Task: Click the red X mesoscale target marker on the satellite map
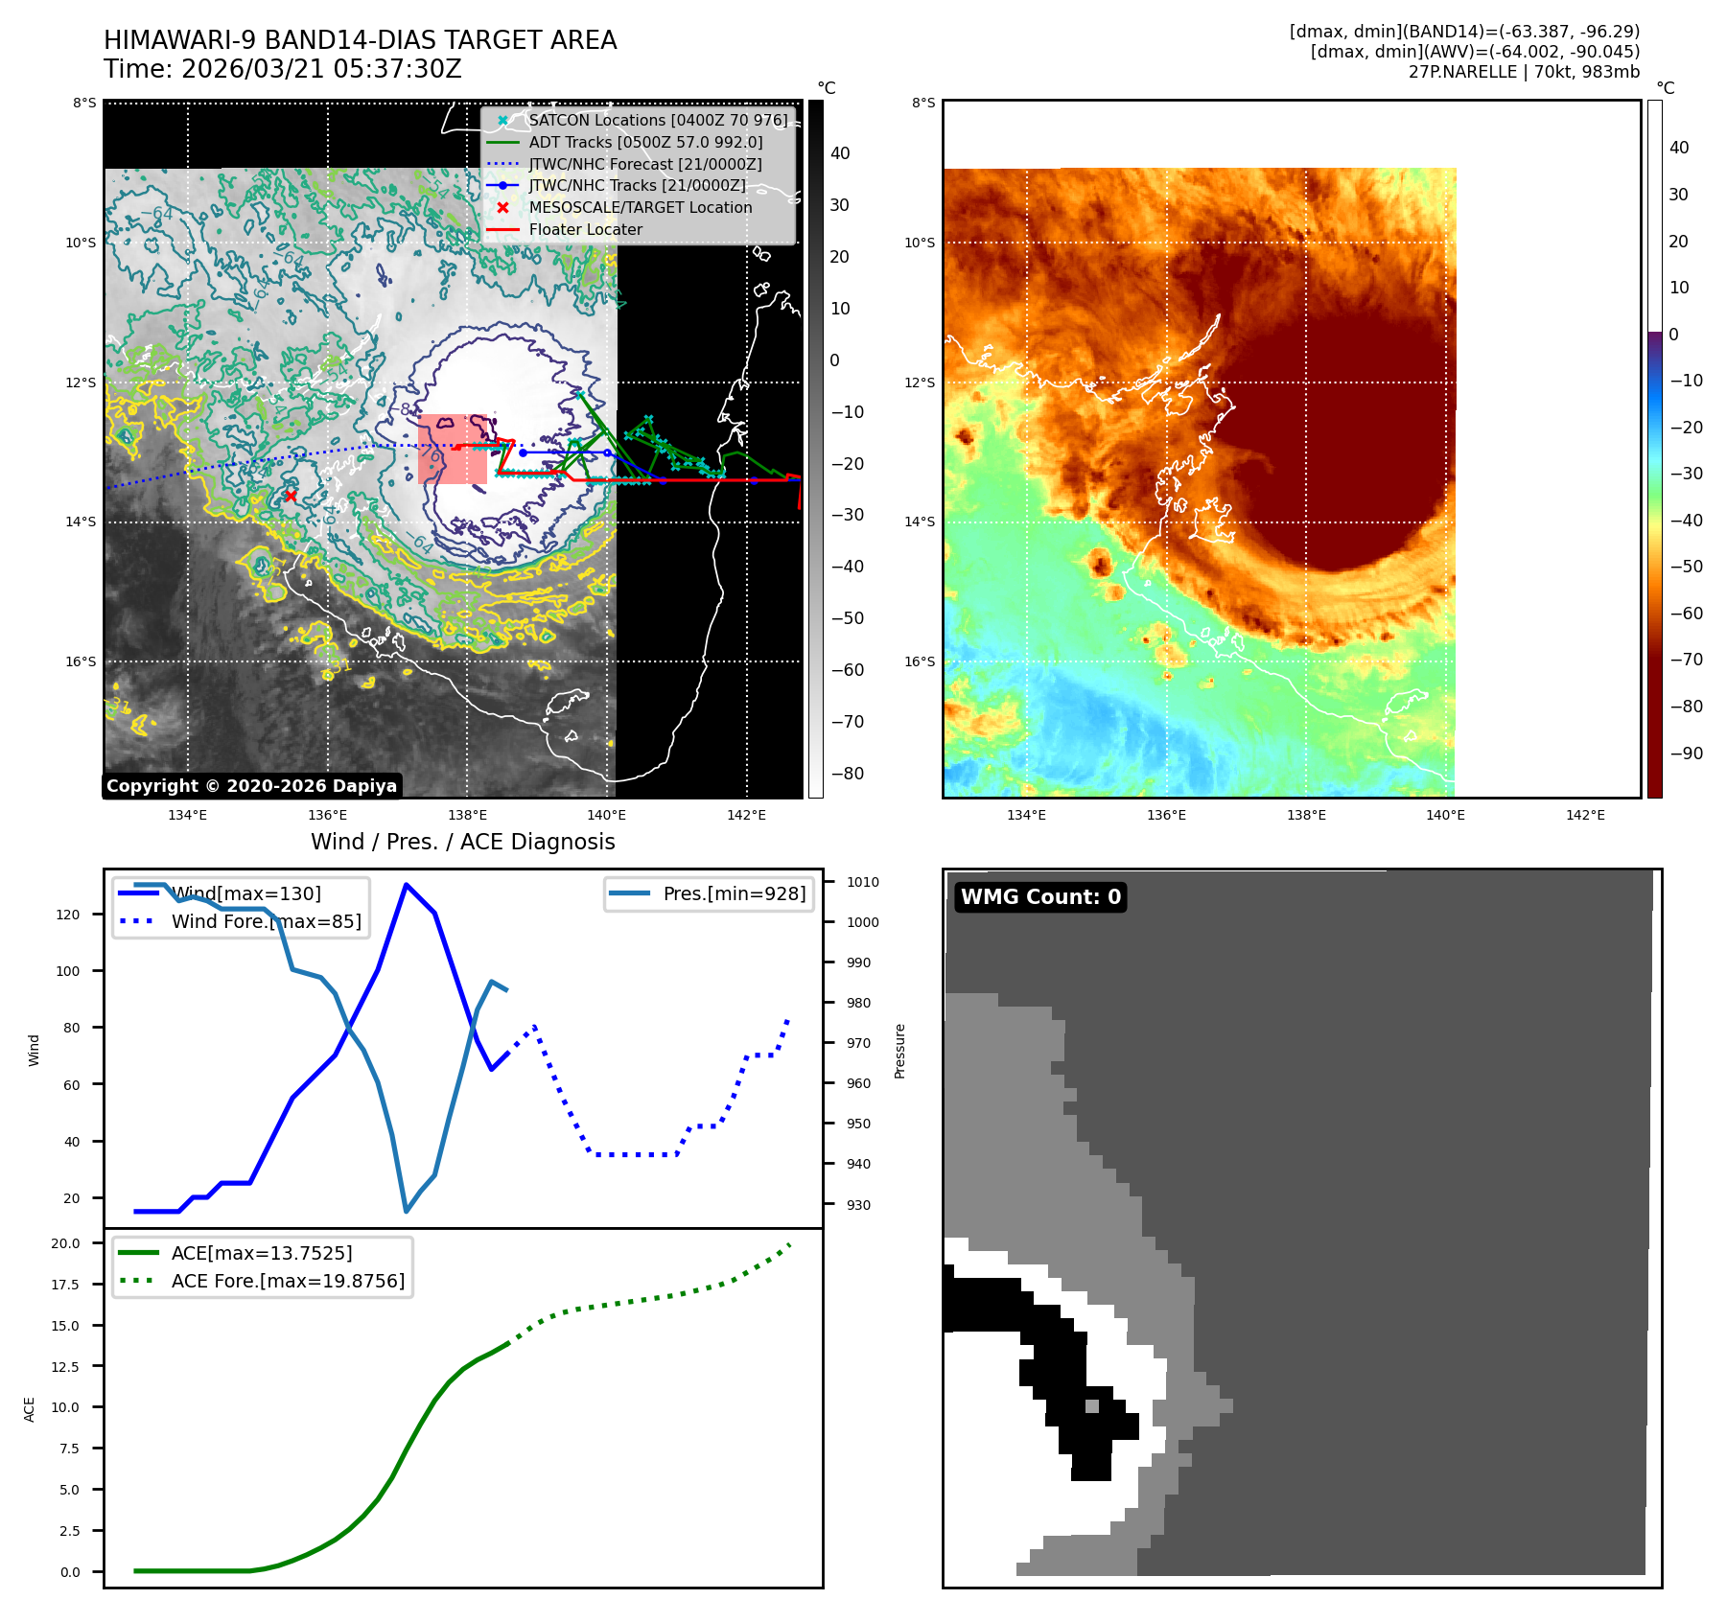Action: click(x=291, y=496)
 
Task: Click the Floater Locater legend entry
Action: click(x=585, y=230)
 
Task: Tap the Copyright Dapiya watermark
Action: click(x=251, y=786)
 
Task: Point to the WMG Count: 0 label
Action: click(x=1040, y=897)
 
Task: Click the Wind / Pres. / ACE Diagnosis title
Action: click(x=462, y=842)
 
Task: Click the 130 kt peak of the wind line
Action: click(x=407, y=885)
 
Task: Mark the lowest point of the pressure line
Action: click(x=407, y=1212)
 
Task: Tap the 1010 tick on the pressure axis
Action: click(x=862, y=882)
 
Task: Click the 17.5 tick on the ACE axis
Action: click(x=66, y=1285)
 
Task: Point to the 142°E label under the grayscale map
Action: click(x=746, y=816)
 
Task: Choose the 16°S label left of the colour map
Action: click(x=920, y=661)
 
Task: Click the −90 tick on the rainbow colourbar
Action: click(x=1686, y=754)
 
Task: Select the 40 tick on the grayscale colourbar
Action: click(x=840, y=153)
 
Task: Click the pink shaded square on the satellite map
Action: click(x=452, y=449)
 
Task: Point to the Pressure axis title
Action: click(x=900, y=1051)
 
